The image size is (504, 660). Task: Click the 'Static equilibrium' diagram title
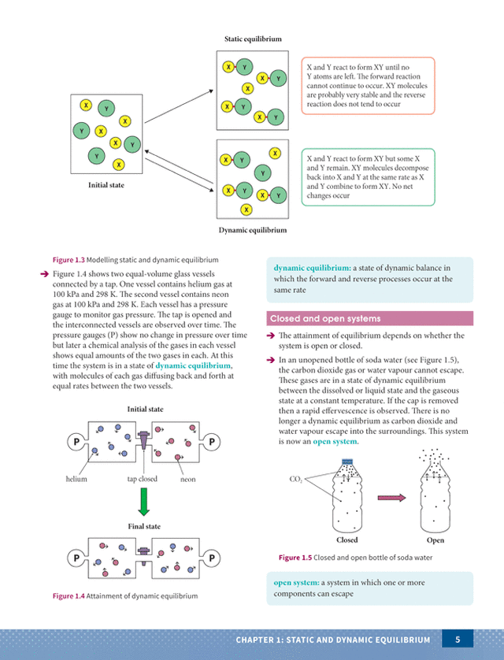(253, 39)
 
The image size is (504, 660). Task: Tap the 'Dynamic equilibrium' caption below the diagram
(253, 230)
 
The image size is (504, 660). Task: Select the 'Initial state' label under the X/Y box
(106, 185)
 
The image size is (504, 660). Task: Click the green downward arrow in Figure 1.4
(144, 502)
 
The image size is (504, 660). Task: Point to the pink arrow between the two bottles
(391, 498)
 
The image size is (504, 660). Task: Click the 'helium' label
(76, 479)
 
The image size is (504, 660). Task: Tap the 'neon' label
(187, 479)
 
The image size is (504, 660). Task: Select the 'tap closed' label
(143, 479)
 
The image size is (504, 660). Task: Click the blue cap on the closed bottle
(347, 462)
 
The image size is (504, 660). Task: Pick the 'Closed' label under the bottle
(347, 540)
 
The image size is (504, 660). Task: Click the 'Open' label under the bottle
(435, 540)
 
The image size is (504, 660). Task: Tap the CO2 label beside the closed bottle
(296, 479)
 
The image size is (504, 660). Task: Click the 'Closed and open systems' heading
(325, 319)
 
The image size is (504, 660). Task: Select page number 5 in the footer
(458, 640)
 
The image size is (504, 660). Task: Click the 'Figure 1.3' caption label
(69, 260)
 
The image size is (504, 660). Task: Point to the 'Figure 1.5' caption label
(295, 558)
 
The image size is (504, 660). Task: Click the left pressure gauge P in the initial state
(76, 442)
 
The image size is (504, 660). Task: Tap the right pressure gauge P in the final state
(212, 558)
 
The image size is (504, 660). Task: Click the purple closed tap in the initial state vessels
(143, 439)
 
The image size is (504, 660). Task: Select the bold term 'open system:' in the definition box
(296, 583)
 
